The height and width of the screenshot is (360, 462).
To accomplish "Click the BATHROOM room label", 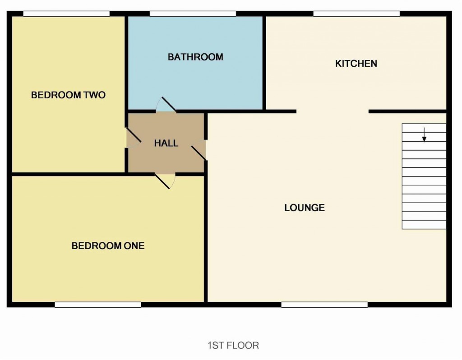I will coord(195,57).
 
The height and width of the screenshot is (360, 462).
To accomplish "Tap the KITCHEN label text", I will coord(356,64).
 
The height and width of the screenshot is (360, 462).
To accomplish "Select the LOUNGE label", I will coord(305,208).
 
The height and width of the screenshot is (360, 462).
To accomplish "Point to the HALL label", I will coord(166,143).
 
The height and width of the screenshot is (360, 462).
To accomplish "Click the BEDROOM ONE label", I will coord(108,246).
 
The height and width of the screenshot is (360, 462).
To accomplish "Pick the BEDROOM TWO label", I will coord(68,95).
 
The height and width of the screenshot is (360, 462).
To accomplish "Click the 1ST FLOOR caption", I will coord(233,346).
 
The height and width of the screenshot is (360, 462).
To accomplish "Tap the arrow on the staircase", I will coord(424,134).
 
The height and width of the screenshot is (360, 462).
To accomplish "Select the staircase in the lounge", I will coord(424,176).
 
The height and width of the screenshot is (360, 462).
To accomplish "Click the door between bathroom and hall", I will coord(166,106).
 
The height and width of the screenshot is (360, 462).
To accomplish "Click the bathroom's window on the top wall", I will coord(193,14).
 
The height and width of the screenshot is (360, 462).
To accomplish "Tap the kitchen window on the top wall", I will coord(356,14).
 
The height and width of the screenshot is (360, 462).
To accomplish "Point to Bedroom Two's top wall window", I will coord(66,14).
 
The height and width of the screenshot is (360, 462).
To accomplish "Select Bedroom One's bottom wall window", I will coord(98,305).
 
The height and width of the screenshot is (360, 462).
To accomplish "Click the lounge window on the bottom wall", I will coord(324,305).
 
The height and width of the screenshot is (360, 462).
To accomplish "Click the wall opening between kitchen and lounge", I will coord(333,111).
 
